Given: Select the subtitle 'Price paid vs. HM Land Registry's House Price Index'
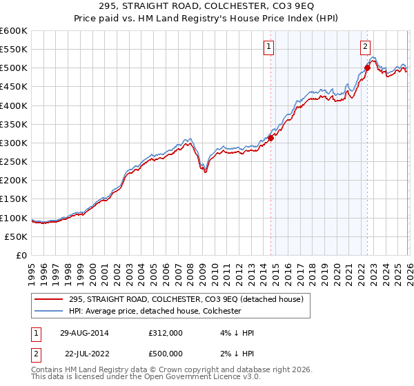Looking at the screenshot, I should click(206, 19).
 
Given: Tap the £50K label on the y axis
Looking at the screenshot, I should click(16, 236).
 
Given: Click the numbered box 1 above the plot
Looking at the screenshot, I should click(268, 47).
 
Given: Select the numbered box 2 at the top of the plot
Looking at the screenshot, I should click(364, 47).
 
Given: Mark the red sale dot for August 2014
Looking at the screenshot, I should click(270, 138).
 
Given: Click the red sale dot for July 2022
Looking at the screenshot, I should click(366, 68).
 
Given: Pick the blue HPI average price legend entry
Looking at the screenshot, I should click(155, 311).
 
